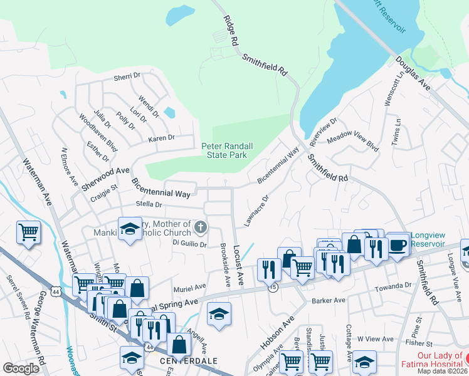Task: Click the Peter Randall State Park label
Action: [227, 150]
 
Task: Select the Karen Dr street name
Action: [161, 138]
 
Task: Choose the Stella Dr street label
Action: [149, 204]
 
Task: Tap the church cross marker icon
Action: [200, 226]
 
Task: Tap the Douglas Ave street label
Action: [413, 73]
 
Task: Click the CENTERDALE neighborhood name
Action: [171, 362]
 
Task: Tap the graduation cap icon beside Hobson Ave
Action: [219, 313]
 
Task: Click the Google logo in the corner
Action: [21, 368]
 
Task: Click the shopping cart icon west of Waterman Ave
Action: [29, 232]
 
